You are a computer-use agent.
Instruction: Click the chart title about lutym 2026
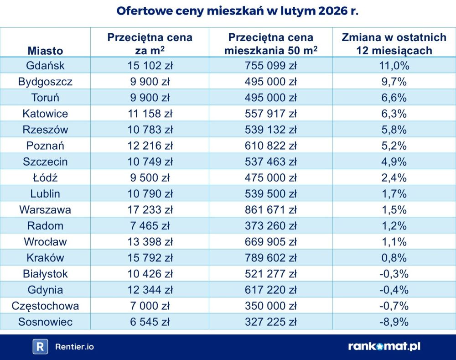(x=237, y=11)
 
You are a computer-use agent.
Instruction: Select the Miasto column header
(x=45, y=51)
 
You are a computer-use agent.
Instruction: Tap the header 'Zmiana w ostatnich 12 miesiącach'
(x=394, y=44)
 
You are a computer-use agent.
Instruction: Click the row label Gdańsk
(x=45, y=66)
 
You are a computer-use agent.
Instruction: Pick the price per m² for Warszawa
(x=150, y=210)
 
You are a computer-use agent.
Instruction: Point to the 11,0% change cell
(x=394, y=66)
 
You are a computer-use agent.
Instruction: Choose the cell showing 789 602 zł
(x=271, y=258)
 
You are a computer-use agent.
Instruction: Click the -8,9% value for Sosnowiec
(x=394, y=322)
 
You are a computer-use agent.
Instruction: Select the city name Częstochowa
(x=45, y=306)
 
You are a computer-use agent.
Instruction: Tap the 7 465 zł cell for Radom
(x=150, y=226)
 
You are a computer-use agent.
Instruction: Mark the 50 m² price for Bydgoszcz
(x=271, y=82)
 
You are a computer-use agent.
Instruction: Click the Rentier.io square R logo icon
(x=40, y=347)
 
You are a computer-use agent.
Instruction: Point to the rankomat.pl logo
(x=384, y=346)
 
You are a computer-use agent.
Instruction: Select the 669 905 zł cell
(x=271, y=242)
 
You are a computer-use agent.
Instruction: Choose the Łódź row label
(x=45, y=178)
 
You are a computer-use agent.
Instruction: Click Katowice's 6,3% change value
(x=394, y=114)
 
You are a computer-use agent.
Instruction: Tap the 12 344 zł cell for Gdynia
(x=150, y=290)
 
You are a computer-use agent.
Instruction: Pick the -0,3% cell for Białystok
(x=394, y=274)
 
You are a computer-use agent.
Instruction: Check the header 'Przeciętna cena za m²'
(x=150, y=44)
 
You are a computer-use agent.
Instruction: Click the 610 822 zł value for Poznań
(x=271, y=146)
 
